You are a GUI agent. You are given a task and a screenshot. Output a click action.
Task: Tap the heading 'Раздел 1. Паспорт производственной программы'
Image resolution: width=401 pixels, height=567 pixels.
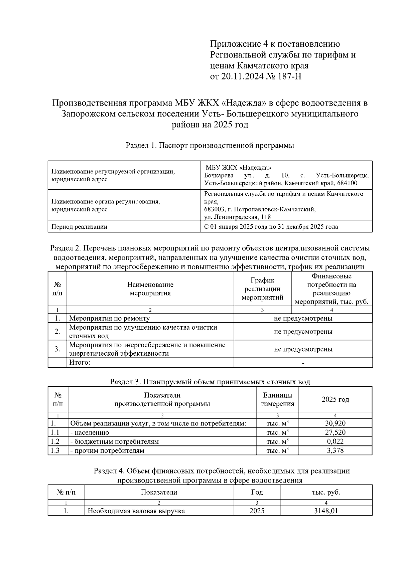click(x=210, y=145)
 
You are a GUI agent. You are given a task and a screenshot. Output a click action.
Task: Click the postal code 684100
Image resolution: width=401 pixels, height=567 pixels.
click(x=347, y=183)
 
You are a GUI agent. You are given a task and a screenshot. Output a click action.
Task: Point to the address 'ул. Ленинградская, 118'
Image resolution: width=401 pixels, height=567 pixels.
click(x=237, y=217)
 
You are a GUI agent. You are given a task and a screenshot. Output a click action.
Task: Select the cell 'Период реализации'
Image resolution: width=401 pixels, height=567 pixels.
click(x=79, y=227)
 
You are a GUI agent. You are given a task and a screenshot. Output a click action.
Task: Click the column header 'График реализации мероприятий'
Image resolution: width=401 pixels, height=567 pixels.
click(x=262, y=289)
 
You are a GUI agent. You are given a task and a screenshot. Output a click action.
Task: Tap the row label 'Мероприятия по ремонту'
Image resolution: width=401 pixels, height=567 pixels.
click(x=109, y=318)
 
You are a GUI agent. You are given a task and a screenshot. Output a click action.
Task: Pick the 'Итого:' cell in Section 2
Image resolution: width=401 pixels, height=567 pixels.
click(x=80, y=362)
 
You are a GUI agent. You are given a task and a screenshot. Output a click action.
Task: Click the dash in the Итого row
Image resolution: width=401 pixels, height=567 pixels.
click(x=303, y=363)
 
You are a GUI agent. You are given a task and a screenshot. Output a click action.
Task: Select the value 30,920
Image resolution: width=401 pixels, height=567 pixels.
click(x=335, y=423)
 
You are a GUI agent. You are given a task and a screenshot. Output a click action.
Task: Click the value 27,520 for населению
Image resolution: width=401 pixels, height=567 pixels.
click(x=335, y=432)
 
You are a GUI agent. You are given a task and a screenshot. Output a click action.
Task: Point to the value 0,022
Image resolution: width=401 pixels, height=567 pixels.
click(x=335, y=441)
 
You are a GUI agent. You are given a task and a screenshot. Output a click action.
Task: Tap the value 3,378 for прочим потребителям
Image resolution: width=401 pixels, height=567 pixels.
click(x=335, y=450)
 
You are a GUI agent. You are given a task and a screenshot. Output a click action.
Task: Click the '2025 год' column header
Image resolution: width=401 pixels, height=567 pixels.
click(x=335, y=399)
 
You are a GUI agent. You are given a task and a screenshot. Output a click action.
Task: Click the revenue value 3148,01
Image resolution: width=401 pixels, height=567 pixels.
click(x=326, y=511)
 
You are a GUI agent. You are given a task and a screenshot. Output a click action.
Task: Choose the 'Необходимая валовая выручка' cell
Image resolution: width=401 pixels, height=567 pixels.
click(x=136, y=511)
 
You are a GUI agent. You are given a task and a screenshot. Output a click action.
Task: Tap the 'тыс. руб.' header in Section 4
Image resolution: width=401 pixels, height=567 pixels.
click(x=326, y=492)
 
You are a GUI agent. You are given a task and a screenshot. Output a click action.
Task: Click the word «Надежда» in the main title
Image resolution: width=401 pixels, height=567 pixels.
click(x=241, y=103)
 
